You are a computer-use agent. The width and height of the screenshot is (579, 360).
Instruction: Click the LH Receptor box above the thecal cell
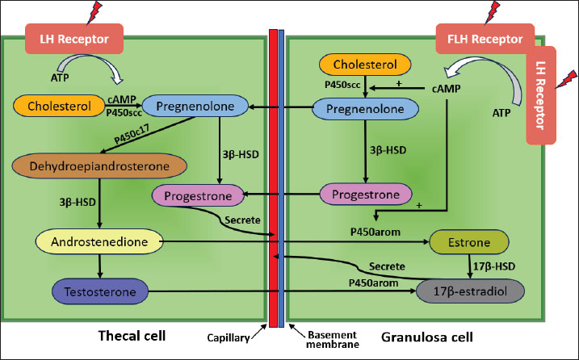point(74,37)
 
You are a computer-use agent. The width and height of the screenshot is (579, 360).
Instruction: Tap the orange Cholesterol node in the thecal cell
point(55,105)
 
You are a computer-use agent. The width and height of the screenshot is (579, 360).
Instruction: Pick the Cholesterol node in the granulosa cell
point(367,64)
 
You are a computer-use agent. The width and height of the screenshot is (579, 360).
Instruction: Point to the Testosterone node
point(99,289)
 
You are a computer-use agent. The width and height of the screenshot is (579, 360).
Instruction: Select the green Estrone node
point(469,241)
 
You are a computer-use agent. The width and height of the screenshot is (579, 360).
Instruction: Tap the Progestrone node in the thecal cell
point(198,195)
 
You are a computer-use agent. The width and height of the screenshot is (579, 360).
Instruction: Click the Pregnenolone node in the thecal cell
point(194,106)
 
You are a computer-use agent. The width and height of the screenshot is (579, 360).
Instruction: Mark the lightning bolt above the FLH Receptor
point(492,11)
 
